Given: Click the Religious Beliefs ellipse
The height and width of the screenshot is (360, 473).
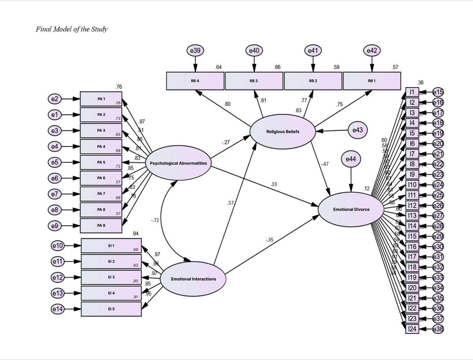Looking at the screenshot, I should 283,132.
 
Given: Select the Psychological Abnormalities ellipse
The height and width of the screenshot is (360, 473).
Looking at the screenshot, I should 178,163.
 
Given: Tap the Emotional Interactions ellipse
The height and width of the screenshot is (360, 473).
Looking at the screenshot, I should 193,279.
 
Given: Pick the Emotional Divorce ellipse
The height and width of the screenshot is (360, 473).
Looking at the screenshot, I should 351,209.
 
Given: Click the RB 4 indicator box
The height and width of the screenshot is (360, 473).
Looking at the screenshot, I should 195,81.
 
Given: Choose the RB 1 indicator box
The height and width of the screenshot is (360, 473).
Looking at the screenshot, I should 372,81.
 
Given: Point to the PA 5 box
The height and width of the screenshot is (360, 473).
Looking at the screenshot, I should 101,162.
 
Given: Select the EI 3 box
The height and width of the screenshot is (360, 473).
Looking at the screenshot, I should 111,277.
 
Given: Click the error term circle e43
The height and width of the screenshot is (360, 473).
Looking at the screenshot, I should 357,130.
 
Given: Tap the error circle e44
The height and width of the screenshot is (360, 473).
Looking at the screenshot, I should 351,159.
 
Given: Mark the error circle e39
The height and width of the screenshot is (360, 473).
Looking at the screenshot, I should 195,51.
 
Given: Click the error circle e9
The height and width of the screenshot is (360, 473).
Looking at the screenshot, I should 55,226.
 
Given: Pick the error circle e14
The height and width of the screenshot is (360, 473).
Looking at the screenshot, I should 57,309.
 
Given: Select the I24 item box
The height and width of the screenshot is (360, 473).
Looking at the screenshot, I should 412,329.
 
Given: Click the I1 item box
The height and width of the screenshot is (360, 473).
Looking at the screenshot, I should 412,92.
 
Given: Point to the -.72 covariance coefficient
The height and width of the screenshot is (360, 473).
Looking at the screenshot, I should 155,220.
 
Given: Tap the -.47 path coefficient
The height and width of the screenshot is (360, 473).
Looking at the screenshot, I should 325,164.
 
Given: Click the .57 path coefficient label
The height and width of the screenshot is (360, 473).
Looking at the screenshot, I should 231,203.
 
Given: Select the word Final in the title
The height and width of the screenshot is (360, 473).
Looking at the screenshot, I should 43,29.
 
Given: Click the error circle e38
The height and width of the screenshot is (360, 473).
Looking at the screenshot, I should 438,329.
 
